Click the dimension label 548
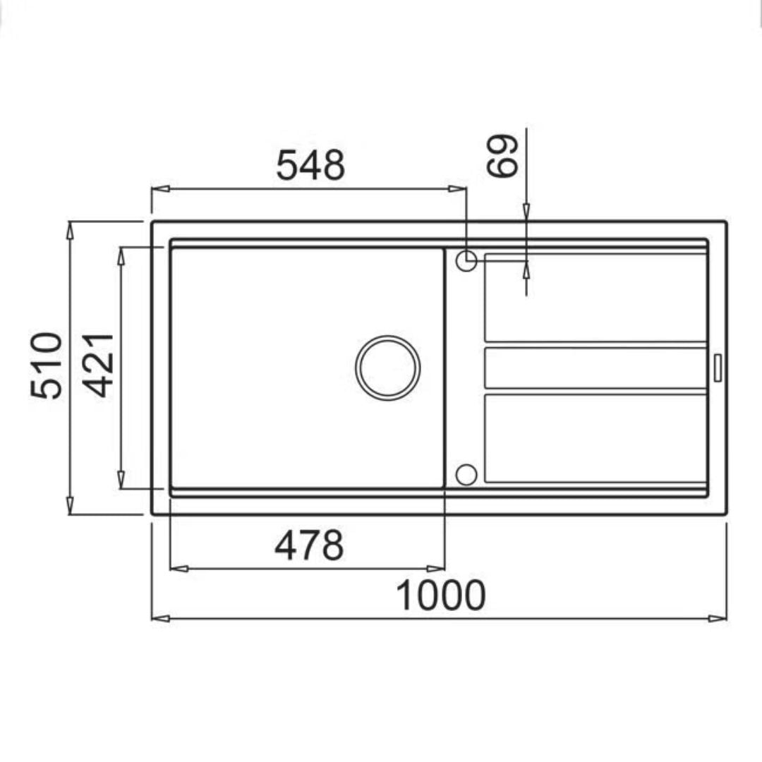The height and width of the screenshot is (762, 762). click(310, 165)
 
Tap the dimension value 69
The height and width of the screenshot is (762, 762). click(502, 155)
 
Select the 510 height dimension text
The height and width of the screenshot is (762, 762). click(47, 365)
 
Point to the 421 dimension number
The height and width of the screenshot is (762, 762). click(97, 365)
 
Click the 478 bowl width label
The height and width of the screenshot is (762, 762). click(309, 545)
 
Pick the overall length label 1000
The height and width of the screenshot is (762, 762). click(441, 595)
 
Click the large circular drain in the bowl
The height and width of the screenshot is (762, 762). click(388, 368)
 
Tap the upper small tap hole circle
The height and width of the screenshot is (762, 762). click(466, 260)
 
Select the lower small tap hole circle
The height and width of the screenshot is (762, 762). click(466, 474)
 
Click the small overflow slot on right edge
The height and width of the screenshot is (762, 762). click(718, 368)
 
